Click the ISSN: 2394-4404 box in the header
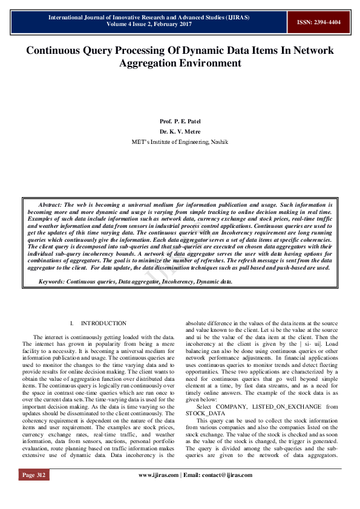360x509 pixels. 318,22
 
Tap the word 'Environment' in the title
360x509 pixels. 208,63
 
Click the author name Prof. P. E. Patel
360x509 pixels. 180,121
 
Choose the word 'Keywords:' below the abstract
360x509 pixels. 52,282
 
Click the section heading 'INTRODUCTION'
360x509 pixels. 103,323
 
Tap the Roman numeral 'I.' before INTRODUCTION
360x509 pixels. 72,323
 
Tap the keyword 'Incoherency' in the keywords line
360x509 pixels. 174,282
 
